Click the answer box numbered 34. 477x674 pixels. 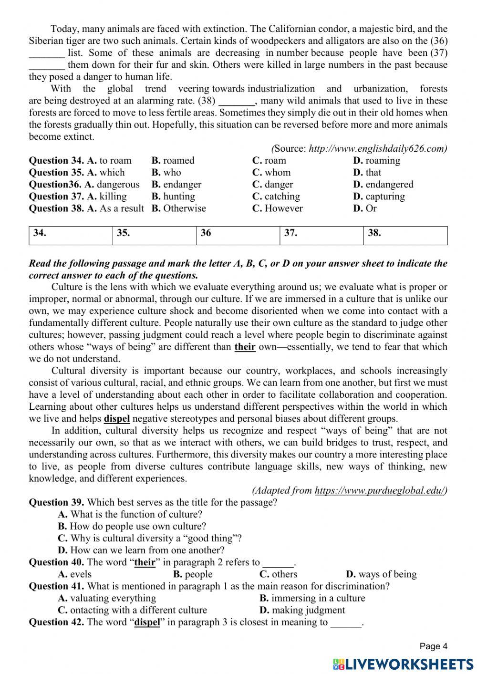71,236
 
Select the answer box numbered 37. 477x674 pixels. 321,236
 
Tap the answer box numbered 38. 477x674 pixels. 405,236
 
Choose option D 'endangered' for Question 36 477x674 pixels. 383,185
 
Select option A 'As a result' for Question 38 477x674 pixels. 115,208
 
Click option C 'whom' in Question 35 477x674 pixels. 271,173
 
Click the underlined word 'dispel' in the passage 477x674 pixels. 117,419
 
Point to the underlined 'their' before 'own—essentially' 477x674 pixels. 245,347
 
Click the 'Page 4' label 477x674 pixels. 433,646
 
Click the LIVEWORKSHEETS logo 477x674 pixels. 403,664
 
